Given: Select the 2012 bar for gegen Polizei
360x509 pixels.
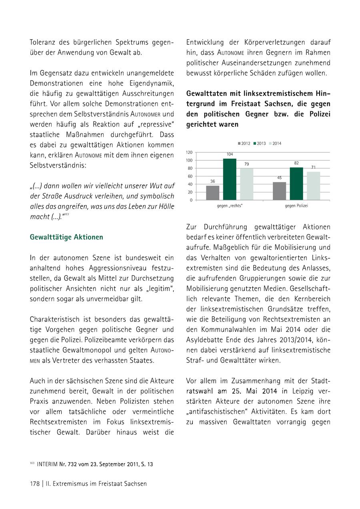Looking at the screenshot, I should (x=280, y=191).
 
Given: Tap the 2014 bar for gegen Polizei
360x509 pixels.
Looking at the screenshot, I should (x=313, y=186).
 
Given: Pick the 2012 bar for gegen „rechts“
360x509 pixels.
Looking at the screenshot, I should (x=213, y=193).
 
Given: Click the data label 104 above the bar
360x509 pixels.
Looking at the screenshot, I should (x=230, y=154).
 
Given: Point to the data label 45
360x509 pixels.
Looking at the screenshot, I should (x=280, y=178).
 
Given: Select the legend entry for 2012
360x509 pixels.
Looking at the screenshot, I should (x=244, y=144).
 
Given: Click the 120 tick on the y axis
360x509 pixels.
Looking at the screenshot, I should (x=189, y=152).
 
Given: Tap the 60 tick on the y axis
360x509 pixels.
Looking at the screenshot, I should (x=190, y=176).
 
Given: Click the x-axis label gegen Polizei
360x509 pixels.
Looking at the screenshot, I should (x=296, y=206).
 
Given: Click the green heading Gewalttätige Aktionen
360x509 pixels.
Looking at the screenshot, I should (x=66, y=237).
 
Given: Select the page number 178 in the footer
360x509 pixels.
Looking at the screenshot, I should (x=34, y=484).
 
